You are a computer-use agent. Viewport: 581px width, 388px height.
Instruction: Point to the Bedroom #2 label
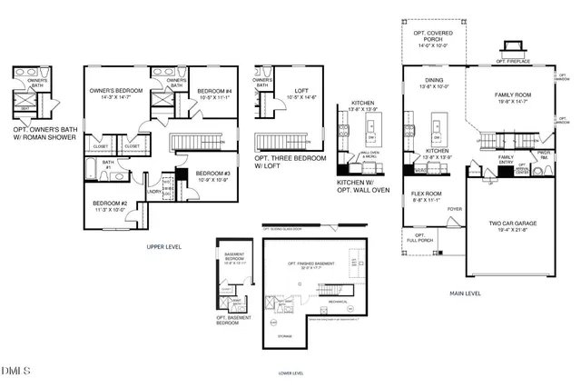[x=110, y=205]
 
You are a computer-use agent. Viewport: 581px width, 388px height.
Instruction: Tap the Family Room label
[x=514, y=97]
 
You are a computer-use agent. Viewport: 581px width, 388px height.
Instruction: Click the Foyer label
[x=455, y=209]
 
